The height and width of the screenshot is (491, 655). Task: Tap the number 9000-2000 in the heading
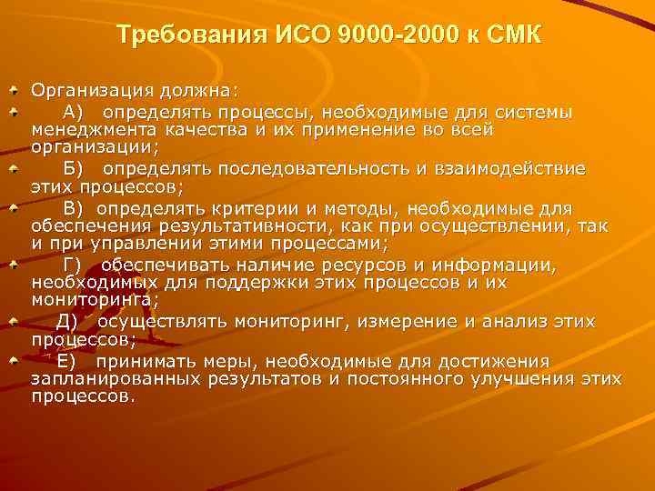pos(388,36)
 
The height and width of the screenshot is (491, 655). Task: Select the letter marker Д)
pos(68,321)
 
